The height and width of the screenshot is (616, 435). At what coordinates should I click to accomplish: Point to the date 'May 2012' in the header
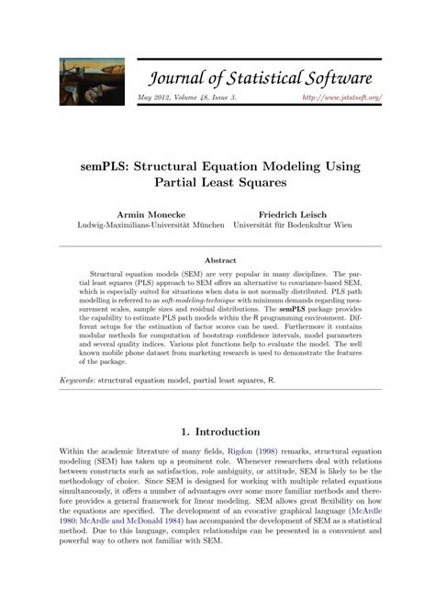coord(152,97)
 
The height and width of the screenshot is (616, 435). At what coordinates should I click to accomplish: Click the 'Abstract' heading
coord(217,259)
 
